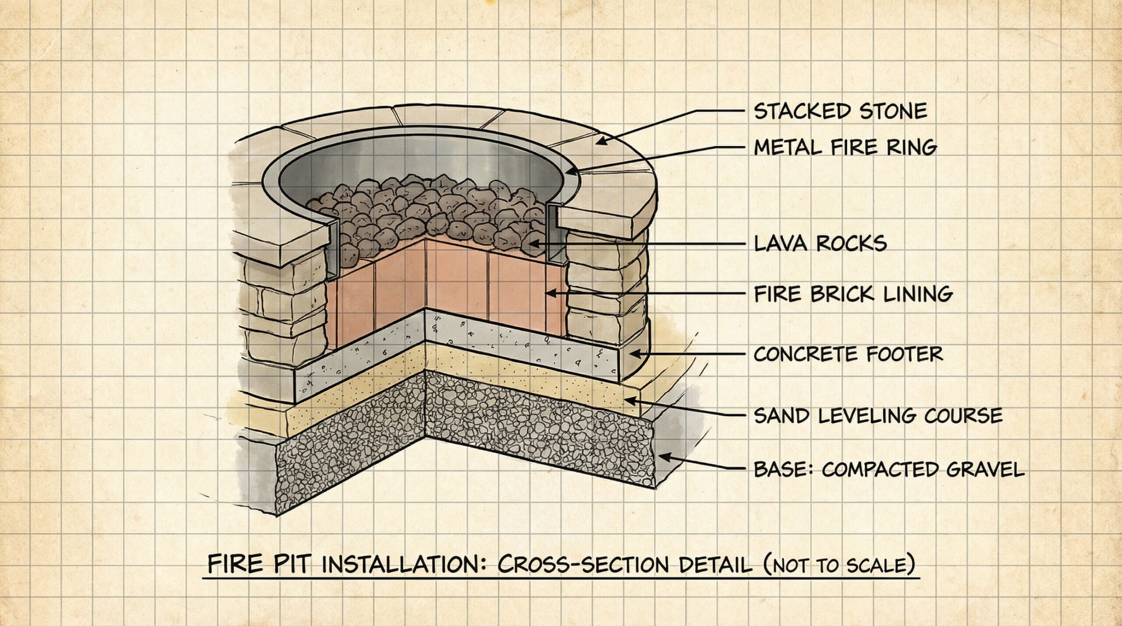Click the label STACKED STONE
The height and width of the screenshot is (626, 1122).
[840, 111]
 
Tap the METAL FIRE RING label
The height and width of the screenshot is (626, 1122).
[845, 148]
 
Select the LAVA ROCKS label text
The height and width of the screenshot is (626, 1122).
[820, 243]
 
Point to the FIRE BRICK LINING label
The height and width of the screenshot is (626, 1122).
[852, 294]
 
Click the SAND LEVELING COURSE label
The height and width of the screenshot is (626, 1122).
[878, 415]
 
